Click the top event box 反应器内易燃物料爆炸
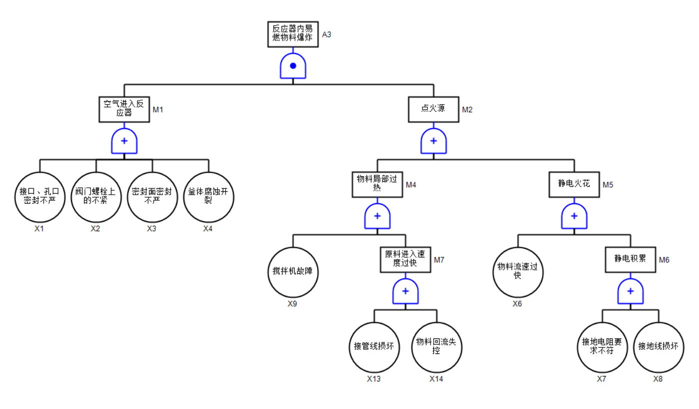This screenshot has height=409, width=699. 293,35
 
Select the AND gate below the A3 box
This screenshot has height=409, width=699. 293,66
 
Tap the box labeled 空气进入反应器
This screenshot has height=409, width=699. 124,109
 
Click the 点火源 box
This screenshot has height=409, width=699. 433,109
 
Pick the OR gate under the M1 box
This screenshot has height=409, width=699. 124,141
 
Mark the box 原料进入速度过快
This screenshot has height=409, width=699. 405,259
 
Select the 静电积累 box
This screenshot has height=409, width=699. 630,259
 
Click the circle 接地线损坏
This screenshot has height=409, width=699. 658,347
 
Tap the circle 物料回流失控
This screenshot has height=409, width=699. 436,347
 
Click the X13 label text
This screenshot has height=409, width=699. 374,379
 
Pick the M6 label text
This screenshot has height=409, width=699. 664,260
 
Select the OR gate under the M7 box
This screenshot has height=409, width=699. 405,291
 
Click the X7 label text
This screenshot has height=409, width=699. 601,379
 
